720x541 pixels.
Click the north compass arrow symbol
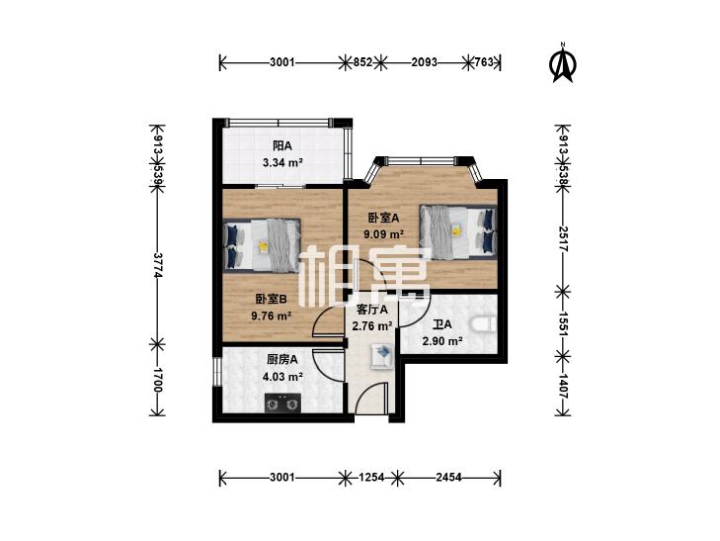point(563,62)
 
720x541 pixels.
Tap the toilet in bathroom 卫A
point(484,323)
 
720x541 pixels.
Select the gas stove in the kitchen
point(281,404)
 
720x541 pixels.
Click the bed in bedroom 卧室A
point(458,231)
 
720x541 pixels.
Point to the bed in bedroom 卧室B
point(262,246)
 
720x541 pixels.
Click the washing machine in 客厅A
point(382,357)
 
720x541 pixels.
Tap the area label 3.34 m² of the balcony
point(282,162)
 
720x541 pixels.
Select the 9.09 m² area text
point(384,234)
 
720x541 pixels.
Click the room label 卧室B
point(272,300)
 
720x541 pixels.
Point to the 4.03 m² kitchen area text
point(282,377)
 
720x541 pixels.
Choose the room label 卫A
point(442,325)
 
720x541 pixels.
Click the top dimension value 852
point(362,62)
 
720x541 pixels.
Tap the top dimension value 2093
point(424,62)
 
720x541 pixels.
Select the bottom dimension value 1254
point(371,477)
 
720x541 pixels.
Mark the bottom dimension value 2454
point(448,477)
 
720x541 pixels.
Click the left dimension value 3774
point(158,265)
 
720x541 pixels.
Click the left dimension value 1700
point(158,380)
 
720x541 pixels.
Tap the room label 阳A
point(282,146)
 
